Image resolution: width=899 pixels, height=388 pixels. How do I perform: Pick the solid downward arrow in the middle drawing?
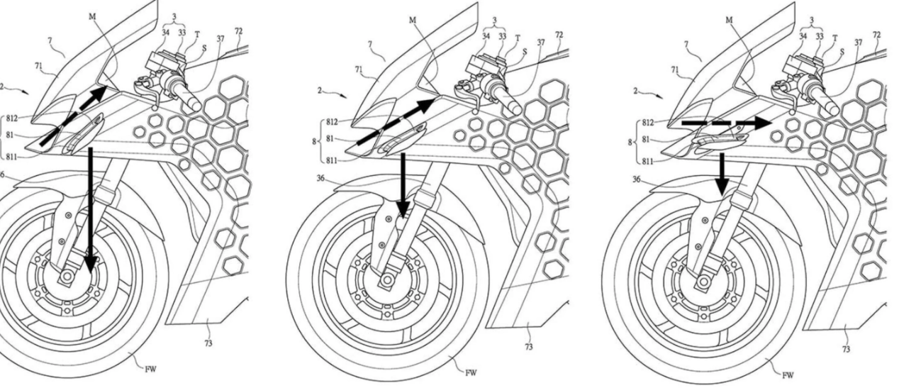coord(403,184)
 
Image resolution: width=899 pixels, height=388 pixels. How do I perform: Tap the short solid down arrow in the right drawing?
coord(722,173)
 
